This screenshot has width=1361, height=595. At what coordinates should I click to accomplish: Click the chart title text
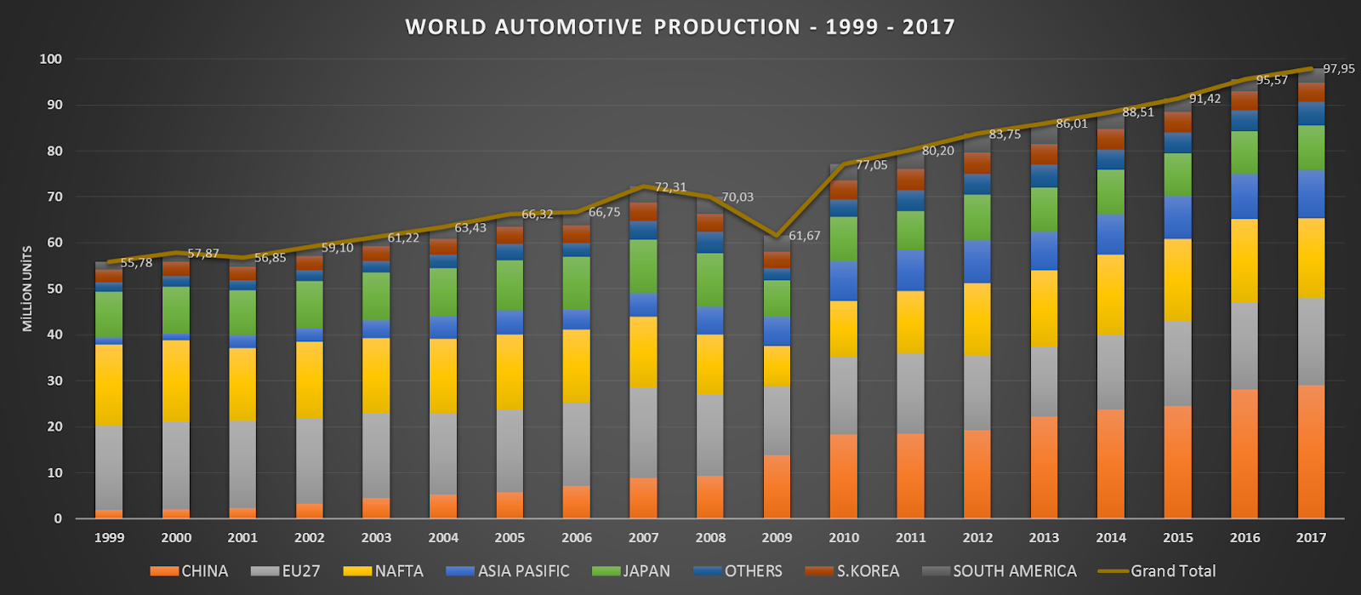680,27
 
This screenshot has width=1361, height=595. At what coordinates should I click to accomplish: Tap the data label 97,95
1339,69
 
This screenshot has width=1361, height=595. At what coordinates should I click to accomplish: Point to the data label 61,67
805,236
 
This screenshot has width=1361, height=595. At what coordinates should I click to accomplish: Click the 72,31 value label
670,187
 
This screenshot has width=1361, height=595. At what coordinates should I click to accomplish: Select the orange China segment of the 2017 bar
1311,451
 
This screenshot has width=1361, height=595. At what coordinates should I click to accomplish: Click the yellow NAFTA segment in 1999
109,385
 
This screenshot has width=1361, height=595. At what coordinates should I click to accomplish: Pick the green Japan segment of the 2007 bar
643,266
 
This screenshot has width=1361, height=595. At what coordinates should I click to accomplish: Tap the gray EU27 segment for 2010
843,396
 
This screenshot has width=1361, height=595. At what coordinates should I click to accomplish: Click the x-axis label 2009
777,538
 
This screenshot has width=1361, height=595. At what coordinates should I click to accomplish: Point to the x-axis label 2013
1044,538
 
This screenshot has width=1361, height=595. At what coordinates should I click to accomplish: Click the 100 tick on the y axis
50,59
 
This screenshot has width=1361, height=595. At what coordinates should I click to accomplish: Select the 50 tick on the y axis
54,289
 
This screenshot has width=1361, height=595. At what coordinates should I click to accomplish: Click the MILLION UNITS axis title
27,289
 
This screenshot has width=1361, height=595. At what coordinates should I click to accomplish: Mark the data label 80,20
938,151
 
